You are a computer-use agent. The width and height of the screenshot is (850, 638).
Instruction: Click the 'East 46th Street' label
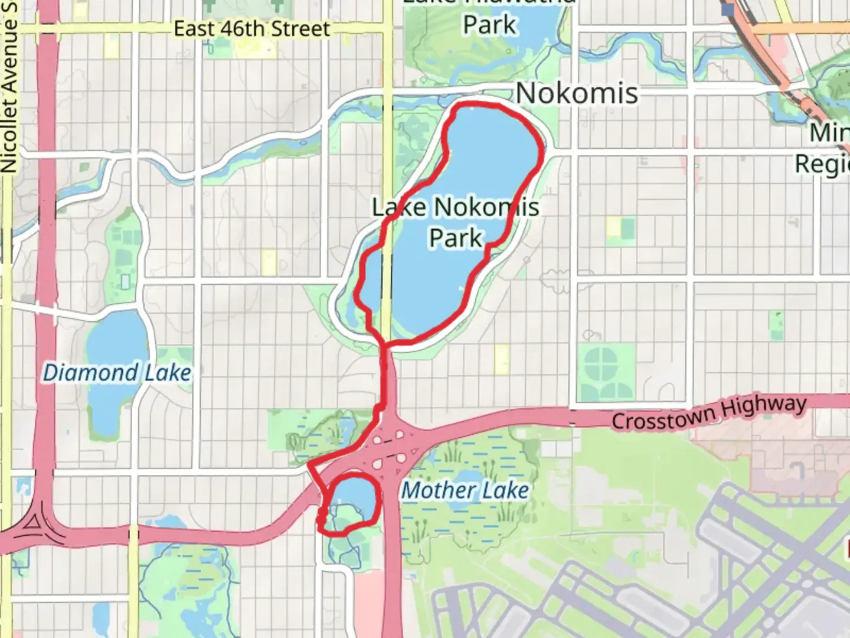(x=251, y=28)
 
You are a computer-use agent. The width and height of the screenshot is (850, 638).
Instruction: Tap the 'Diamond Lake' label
(x=117, y=373)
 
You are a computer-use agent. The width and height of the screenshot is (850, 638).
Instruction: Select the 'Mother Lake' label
(x=465, y=490)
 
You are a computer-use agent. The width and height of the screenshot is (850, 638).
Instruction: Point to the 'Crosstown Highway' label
(x=709, y=414)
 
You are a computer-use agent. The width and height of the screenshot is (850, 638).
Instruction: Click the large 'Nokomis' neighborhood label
(x=577, y=93)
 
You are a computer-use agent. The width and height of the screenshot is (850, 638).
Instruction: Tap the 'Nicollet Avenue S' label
(x=9, y=89)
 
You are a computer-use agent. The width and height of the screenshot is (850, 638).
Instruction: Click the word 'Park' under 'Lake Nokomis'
(x=456, y=237)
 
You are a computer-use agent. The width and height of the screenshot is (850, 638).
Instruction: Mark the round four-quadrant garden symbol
(x=601, y=364)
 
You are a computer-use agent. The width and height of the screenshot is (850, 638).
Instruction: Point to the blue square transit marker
(x=727, y=9)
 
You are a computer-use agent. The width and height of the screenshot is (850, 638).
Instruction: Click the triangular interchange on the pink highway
(x=33, y=522)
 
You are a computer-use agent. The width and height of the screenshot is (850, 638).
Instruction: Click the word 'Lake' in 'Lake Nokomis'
(x=399, y=207)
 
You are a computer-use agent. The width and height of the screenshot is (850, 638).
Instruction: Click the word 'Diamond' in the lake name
(x=90, y=373)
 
